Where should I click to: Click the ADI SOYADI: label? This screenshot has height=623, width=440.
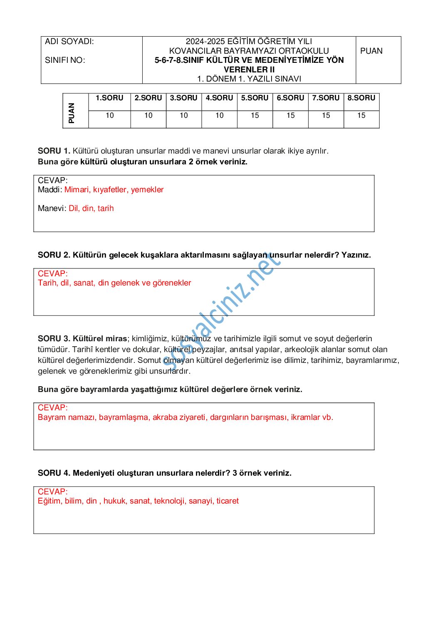coord(69,42)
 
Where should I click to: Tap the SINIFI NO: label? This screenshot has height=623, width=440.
coord(65,60)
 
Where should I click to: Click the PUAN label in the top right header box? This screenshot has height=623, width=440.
coord(371,51)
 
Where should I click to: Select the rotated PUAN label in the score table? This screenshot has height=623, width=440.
coord(72,113)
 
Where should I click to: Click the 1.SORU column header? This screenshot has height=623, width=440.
coord(109,98)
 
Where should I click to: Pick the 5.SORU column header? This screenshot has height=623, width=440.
coord(255,98)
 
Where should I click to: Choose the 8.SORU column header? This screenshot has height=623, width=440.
coord(361,98)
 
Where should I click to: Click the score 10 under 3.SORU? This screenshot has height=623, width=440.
coord(184,116)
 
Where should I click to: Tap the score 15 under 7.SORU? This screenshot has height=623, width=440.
coord(326,116)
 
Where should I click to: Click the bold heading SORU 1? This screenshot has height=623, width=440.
coord(54,151)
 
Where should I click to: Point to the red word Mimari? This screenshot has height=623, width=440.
coord(77,190)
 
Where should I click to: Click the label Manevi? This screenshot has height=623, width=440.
coord(52,208)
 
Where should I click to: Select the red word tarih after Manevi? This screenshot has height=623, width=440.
coord(106,208)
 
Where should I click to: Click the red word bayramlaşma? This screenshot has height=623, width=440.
coord(124,417)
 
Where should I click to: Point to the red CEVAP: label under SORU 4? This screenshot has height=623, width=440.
coord(53,491)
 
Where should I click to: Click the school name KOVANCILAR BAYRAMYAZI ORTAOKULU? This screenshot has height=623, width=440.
coord(249,51)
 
